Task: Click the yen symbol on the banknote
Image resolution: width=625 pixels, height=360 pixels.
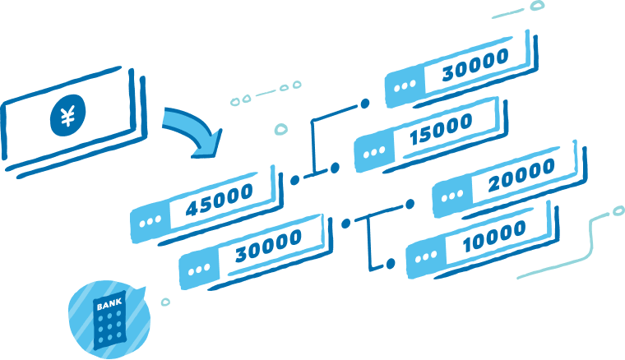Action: [x=67, y=115]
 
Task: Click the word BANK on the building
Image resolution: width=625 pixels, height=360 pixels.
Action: [x=109, y=307]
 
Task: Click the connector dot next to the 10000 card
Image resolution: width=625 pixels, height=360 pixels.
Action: [x=391, y=264]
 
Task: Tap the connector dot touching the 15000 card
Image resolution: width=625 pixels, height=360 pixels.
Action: [x=335, y=168]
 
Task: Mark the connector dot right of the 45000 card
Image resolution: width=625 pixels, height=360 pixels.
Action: [x=294, y=178]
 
